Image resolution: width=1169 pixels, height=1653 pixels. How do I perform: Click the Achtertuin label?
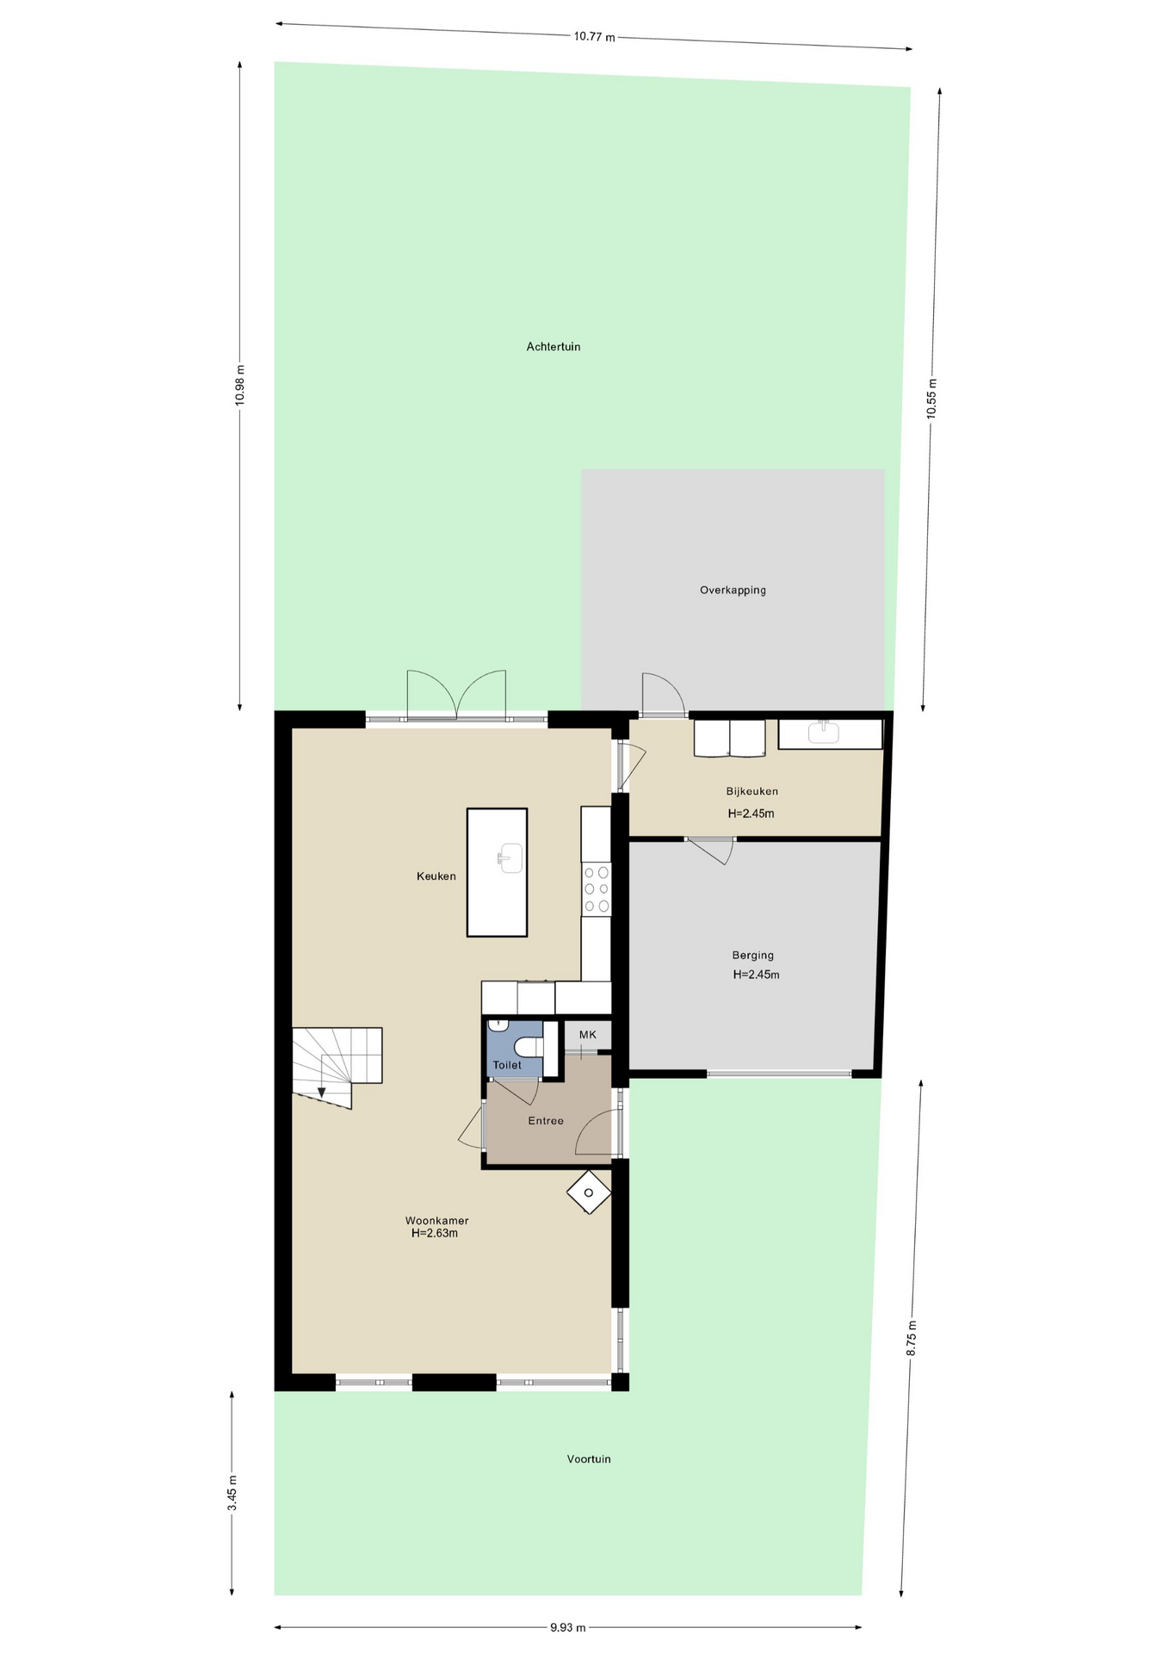pyautogui.click(x=554, y=347)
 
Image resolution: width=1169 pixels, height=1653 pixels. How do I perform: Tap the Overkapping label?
pyautogui.click(x=733, y=591)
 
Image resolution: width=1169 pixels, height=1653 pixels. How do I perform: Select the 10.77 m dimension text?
pyautogui.click(x=595, y=37)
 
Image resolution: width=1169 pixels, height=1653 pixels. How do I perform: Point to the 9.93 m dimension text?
pyautogui.click(x=568, y=1627)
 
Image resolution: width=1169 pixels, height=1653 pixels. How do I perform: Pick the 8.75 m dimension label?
pyautogui.click(x=912, y=1339)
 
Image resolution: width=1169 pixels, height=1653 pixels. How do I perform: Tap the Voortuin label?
pyautogui.click(x=589, y=1459)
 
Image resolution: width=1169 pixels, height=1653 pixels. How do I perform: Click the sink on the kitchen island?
pyautogui.click(x=510, y=857)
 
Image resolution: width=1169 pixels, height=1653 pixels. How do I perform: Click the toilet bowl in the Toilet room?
pyautogui.click(x=529, y=1047)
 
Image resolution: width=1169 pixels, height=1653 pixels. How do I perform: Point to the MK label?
pyautogui.click(x=588, y=1035)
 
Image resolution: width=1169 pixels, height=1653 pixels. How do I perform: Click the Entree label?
pyautogui.click(x=546, y=1121)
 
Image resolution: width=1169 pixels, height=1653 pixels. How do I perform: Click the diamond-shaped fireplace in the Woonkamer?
pyautogui.click(x=589, y=1192)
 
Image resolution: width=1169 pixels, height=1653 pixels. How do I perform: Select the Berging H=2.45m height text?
pyautogui.click(x=756, y=975)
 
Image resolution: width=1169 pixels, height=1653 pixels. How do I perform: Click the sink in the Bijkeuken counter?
pyautogui.click(x=824, y=732)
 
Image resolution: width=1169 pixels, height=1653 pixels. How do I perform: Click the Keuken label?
pyautogui.click(x=436, y=876)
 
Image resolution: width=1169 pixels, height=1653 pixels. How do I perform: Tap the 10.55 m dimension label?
pyautogui.click(x=931, y=399)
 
